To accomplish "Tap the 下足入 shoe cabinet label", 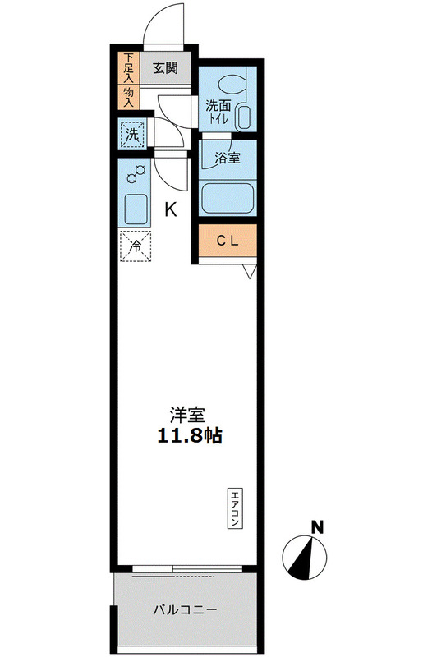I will pyautogui.click(x=129, y=69).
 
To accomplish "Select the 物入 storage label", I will pyautogui.click(x=129, y=96).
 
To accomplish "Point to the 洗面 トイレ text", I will pyautogui.click(x=218, y=112).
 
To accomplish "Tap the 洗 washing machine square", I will pyautogui.click(x=131, y=132).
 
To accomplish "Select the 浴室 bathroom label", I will pyautogui.click(x=228, y=159).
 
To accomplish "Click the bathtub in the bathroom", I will pyautogui.click(x=228, y=198).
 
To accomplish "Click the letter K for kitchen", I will pyautogui.click(x=171, y=209).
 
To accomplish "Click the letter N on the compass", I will pyautogui.click(x=316, y=526).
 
